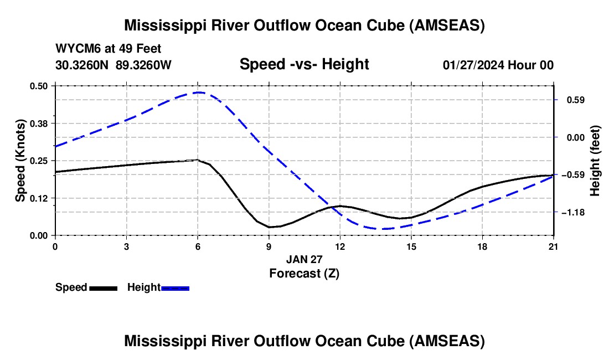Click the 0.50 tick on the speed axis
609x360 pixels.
click(x=38, y=86)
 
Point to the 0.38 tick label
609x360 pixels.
click(x=38, y=124)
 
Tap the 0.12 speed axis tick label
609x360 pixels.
click(x=38, y=198)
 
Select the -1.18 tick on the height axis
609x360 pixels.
click(x=573, y=213)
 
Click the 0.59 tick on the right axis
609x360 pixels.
click(x=576, y=100)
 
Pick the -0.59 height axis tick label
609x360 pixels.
click(x=573, y=175)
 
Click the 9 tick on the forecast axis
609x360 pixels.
click(x=269, y=246)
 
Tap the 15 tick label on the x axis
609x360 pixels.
click(x=411, y=246)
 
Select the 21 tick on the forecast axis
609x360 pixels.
click(x=553, y=246)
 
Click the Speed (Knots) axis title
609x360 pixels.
click(x=20, y=161)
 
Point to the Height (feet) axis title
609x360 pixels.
click(x=595, y=161)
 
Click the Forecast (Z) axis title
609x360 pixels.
click(x=304, y=274)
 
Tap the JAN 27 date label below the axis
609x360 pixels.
click(x=304, y=259)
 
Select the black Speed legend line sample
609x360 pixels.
click(x=104, y=288)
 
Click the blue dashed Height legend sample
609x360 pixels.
click(x=175, y=288)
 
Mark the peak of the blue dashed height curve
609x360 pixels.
click(x=199, y=92)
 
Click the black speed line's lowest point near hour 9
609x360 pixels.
click(x=269, y=227)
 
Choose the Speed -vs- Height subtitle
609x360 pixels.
click(x=304, y=64)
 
